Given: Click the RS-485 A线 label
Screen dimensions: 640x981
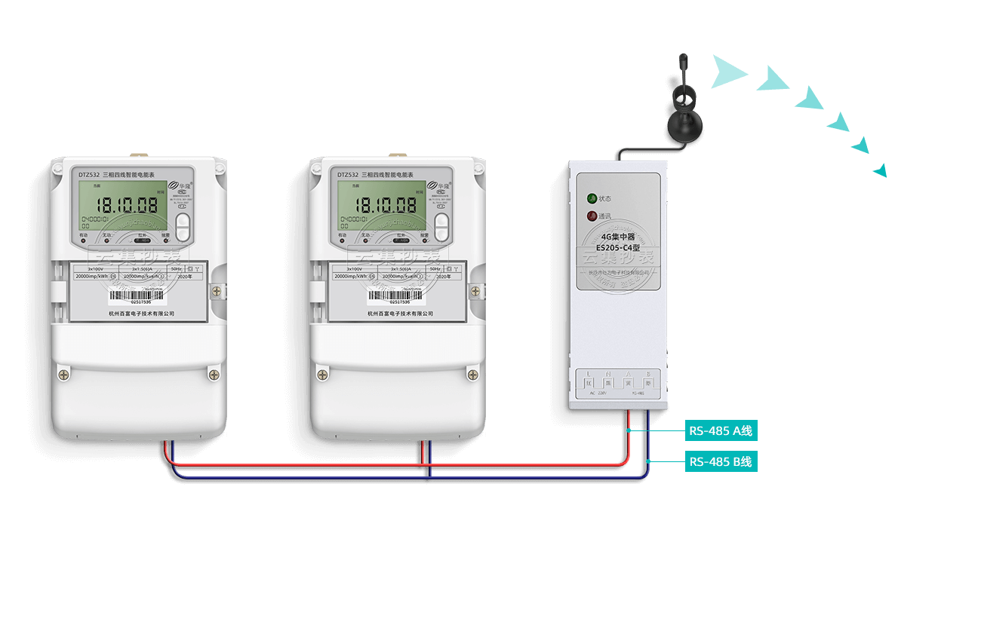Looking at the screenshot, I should (x=721, y=431).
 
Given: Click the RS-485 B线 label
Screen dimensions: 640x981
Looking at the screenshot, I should (x=721, y=461).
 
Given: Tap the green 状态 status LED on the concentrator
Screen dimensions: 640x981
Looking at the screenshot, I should (x=592, y=199).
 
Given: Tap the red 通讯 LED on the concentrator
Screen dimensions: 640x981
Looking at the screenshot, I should (x=592, y=216).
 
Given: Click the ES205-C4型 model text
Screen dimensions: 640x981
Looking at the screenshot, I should (x=617, y=247).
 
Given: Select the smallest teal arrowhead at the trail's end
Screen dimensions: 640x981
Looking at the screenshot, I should (x=881, y=170).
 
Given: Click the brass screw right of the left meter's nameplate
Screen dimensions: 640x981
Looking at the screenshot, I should (x=217, y=290).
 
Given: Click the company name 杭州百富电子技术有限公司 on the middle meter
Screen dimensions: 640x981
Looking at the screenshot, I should (x=400, y=314).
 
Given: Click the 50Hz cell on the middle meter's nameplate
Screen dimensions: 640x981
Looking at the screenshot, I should (x=434, y=268).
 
